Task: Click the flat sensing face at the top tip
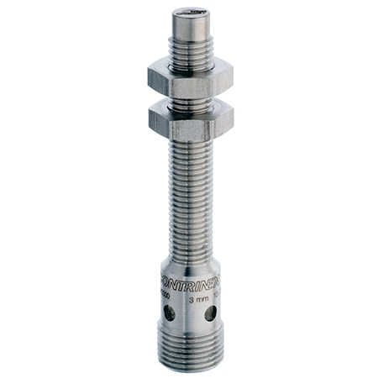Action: point(190,13)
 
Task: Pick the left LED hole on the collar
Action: point(171,312)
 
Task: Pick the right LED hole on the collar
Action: point(210,312)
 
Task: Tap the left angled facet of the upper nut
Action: point(157,77)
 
